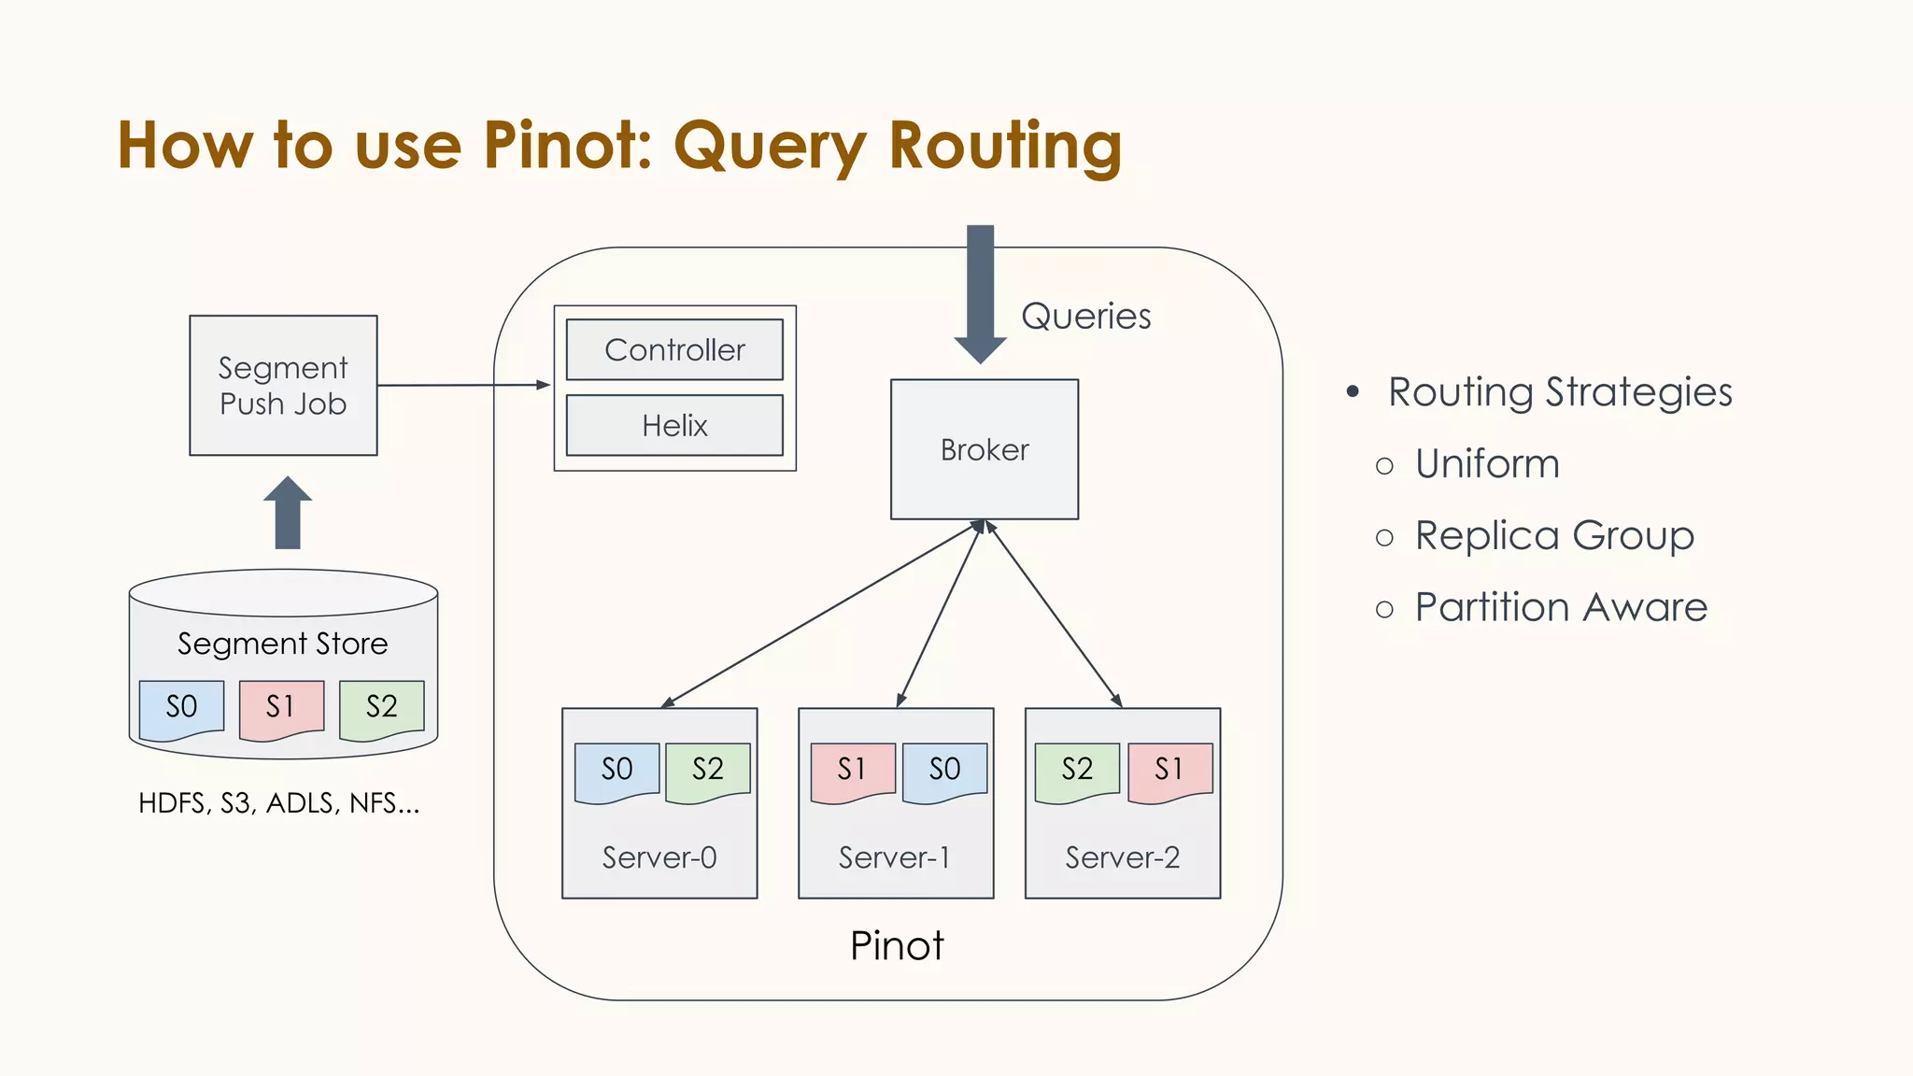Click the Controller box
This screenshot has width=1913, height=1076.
tap(674, 350)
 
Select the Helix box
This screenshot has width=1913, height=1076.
tap(674, 426)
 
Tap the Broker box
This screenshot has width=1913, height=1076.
tap(985, 450)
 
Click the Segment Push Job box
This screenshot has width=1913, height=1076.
tap(283, 386)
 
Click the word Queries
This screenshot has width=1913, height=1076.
tap(1085, 317)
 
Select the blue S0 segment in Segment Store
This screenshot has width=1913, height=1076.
tap(181, 707)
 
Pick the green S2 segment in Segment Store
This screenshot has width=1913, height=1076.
tap(381, 707)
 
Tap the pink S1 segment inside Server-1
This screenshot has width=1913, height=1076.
tap(852, 770)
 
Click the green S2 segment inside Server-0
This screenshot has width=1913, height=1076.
tap(707, 770)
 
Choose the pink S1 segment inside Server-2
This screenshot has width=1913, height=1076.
tap(1169, 770)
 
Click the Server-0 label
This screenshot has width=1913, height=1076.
tap(659, 857)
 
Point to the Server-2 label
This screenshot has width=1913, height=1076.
tap(1122, 857)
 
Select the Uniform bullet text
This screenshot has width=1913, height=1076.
tap(1487, 464)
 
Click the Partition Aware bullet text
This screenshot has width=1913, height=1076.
tap(1561, 608)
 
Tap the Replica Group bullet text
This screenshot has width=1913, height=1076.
tap(1554, 536)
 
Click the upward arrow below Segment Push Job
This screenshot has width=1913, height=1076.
tap(288, 513)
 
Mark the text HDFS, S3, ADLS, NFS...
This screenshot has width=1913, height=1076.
tap(278, 803)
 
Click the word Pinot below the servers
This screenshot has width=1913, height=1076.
tap(897, 946)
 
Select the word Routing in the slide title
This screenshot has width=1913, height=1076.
tap(1005, 147)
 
